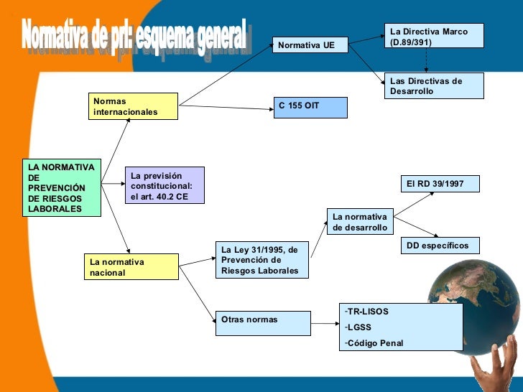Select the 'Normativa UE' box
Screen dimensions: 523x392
coord(310,45)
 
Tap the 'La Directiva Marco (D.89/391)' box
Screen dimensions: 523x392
coord(434,37)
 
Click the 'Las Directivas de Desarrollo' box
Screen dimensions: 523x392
coord(434,85)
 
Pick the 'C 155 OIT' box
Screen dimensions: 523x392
coord(310,107)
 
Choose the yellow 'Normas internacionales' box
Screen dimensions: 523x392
coord(124,107)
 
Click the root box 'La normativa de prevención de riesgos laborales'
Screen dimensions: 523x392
coord(60,187)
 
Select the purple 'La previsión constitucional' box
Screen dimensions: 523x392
coord(165,185)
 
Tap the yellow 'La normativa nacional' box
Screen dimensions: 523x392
coord(131,267)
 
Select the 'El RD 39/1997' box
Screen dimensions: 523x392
coord(438,185)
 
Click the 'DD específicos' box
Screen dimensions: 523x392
coord(438,246)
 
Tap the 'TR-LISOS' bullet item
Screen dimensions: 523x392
coord(367,312)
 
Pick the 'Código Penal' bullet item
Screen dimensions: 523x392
coord(375,342)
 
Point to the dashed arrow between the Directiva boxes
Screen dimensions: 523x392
coord(426,60)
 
